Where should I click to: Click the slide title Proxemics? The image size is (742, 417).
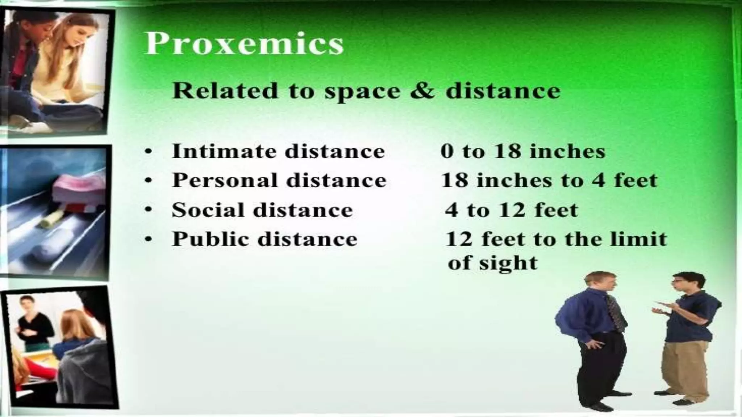(243, 43)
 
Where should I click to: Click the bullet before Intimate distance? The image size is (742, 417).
(147, 152)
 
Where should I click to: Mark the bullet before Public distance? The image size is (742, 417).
(147, 240)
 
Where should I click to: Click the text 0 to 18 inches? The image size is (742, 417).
(523, 151)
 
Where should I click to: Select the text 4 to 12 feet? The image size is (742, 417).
(511, 210)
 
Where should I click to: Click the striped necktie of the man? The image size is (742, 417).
(615, 311)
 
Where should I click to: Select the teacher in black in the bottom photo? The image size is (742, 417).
(33, 322)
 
